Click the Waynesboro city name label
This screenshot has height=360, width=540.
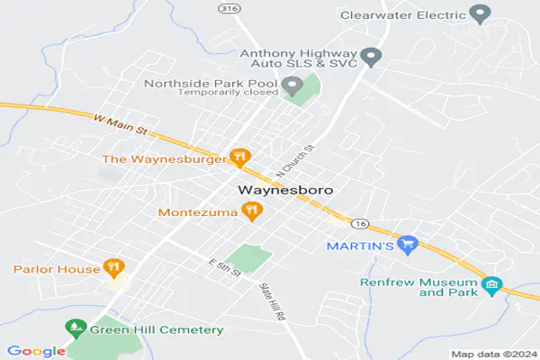point(285,191)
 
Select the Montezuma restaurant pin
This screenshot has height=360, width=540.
point(253,211)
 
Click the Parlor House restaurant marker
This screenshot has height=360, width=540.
point(112,268)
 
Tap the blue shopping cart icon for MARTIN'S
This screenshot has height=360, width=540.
point(409,244)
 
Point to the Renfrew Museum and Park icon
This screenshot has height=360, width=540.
point(491,286)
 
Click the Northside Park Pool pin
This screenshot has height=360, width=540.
point(292,86)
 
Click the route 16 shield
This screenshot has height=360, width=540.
point(361,222)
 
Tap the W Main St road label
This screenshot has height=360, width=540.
point(121,123)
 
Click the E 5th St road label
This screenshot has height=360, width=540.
point(225,269)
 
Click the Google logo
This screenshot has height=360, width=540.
point(36,351)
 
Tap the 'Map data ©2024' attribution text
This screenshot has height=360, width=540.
point(493,354)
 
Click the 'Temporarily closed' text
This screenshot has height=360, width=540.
point(228,92)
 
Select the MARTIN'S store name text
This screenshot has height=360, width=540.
point(361,246)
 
